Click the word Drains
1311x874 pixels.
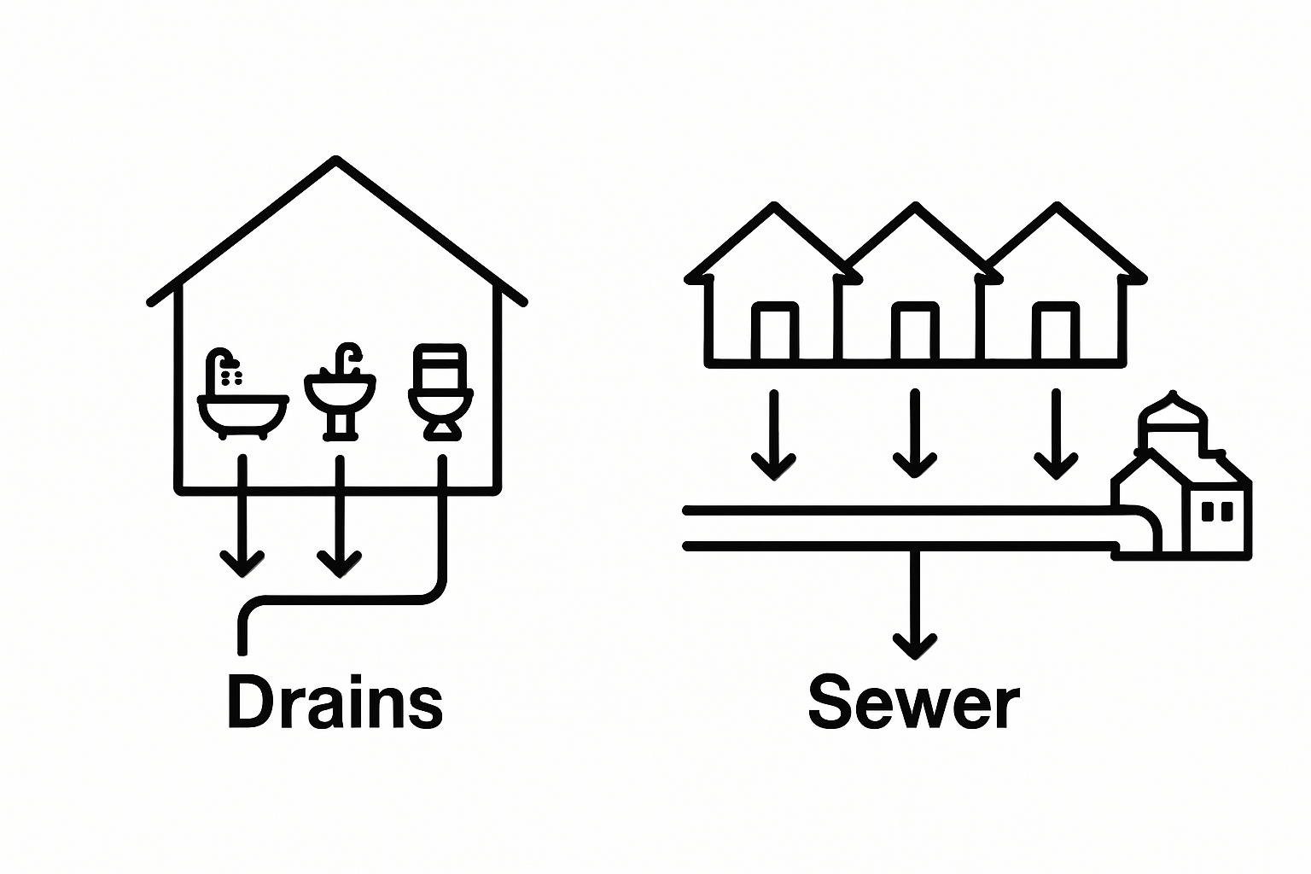[335, 702]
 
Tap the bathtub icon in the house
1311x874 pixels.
[243, 393]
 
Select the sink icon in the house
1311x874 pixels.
[340, 392]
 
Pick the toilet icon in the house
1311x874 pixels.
[440, 392]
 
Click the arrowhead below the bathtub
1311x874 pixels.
[242, 563]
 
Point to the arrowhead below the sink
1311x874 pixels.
[340, 563]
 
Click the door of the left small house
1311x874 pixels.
[775, 331]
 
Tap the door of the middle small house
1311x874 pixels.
[915, 331]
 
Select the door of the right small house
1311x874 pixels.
[1057, 331]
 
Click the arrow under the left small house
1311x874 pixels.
[774, 434]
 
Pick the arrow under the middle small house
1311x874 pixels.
[915, 434]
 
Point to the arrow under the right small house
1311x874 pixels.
[1056, 434]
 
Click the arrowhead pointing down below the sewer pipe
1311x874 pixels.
[915, 647]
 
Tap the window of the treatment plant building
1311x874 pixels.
[1217, 511]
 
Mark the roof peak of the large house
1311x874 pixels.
[336, 160]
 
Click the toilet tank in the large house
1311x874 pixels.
[440, 364]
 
